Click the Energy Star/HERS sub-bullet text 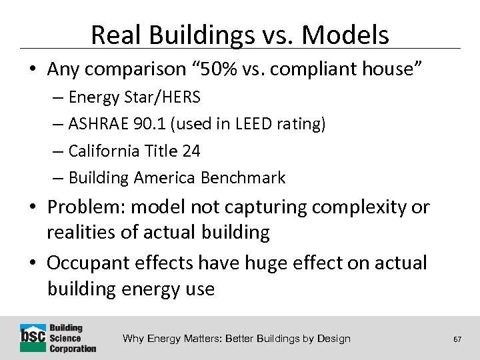[x=134, y=97]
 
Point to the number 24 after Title [x=191, y=151]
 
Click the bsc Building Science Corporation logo [x=58, y=338]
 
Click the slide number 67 [x=457, y=339]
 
